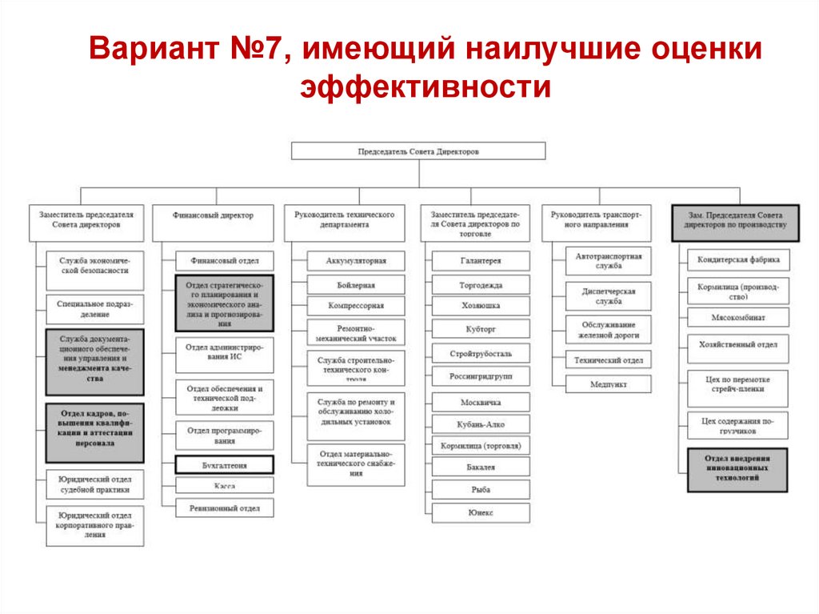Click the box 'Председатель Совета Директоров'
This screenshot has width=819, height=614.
pos(418,150)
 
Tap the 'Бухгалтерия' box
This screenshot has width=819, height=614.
pos(224,464)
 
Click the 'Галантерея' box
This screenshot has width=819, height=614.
pos(481,261)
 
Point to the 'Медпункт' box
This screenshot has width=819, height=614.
pos(609,383)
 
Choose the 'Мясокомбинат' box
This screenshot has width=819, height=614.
pos(737,317)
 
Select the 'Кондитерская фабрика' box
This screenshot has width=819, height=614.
pos(737,260)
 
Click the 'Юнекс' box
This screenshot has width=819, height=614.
pos(481,512)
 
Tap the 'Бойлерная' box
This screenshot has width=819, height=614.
pos(356,284)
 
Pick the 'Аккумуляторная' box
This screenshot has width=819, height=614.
pos(356,260)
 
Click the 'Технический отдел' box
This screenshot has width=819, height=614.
pos(609,360)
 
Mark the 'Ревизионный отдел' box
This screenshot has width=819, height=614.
pos(224,508)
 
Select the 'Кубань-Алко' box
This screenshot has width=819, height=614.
pos(481,424)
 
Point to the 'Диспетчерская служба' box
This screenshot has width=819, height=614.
pos(609,296)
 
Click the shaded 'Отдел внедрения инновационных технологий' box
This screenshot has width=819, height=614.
pos(737,469)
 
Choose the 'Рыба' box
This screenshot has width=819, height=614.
pos(481,489)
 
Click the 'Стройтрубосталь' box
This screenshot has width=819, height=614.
pos(481,353)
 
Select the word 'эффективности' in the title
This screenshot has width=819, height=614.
pos(425,87)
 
